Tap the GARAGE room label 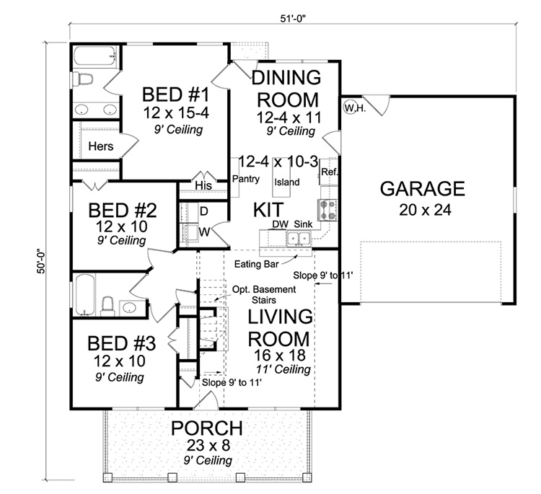(x=422, y=189)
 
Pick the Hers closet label (x=100, y=146)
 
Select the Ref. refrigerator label (x=329, y=172)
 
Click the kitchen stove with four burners (x=329, y=209)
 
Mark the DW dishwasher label (x=280, y=224)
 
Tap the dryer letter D (x=203, y=211)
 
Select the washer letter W (x=203, y=232)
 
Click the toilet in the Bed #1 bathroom (x=84, y=79)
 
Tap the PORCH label (x=206, y=428)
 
